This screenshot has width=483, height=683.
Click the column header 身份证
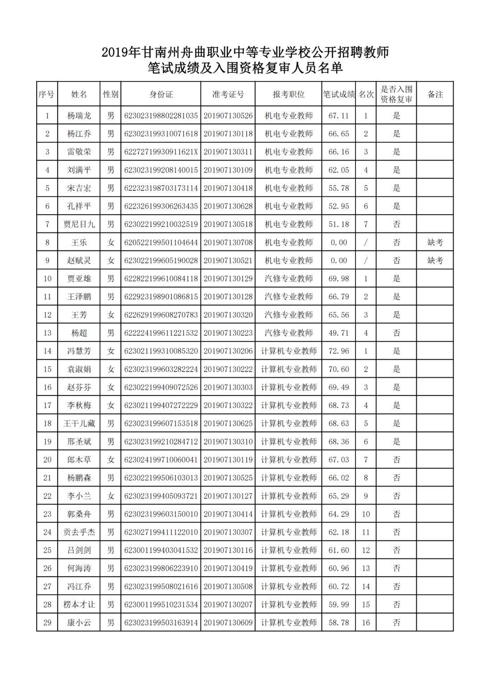pyautogui.click(x=161, y=94)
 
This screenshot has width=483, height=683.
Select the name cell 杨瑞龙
pyautogui.click(x=79, y=116)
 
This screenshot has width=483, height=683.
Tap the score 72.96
pyautogui.click(x=339, y=351)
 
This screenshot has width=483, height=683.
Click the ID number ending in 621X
pyautogui.click(x=161, y=152)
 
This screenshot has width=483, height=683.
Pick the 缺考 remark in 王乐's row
pyautogui.click(x=435, y=242)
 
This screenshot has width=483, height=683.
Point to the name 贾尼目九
pyautogui.click(x=79, y=224)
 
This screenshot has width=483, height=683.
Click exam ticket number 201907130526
pyautogui.click(x=228, y=116)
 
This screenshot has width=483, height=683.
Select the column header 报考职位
pyautogui.click(x=288, y=94)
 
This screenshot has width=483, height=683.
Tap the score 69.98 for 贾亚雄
pyautogui.click(x=339, y=279)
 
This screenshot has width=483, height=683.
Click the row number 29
pyautogui.click(x=47, y=623)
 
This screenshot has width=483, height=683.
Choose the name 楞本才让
pyautogui.click(x=79, y=605)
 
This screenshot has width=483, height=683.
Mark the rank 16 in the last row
pyautogui.click(x=366, y=623)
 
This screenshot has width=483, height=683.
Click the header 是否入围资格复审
pyautogui.click(x=396, y=94)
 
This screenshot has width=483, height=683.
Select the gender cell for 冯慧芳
pyautogui.click(x=110, y=351)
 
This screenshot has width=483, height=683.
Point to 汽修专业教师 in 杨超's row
pyautogui.click(x=288, y=333)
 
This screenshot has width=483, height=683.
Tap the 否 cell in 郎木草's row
pyautogui.click(x=396, y=460)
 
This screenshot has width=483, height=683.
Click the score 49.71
pyautogui.click(x=339, y=333)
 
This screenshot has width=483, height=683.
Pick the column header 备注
pyautogui.click(x=435, y=94)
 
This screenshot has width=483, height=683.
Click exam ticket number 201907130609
pyautogui.click(x=228, y=623)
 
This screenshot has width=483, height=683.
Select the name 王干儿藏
pyautogui.click(x=79, y=424)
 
